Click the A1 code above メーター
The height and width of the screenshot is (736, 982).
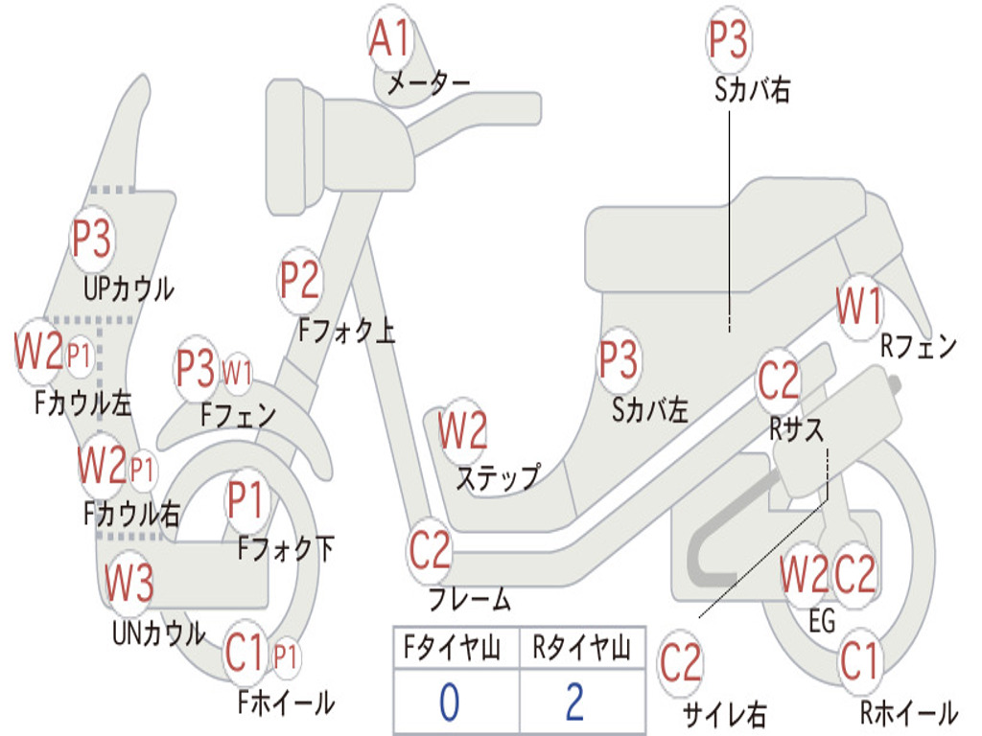coord(390,40)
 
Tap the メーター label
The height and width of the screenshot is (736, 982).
coord(428,84)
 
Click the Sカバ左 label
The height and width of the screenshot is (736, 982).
coord(650,409)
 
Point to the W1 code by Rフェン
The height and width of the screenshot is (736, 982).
coord(859,307)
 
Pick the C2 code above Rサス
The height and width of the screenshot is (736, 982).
coord(779,380)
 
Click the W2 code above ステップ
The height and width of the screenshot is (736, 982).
coord(463,431)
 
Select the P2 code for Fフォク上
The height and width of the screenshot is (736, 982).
coord(300,281)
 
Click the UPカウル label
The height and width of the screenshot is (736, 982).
coord(129,287)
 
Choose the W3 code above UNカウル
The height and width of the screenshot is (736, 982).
coord(129,582)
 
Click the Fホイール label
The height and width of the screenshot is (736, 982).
coord(286,702)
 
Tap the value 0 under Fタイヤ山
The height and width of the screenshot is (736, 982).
coord(449,701)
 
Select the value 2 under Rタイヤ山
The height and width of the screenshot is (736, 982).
coord(575,701)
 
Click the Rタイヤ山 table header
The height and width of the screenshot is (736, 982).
coord(581,651)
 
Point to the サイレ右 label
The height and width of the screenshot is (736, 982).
coord(724,713)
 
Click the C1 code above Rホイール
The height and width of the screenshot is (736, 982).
coord(859,660)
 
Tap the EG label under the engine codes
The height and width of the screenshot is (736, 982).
coord(823,621)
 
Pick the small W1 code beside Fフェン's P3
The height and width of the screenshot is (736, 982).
coord(237,371)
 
